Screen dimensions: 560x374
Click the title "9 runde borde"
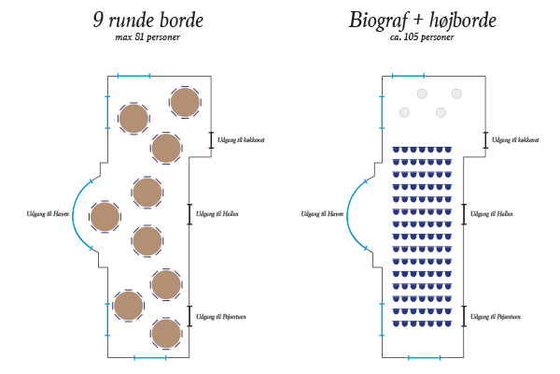click(148, 20)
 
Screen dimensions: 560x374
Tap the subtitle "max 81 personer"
click(147, 37)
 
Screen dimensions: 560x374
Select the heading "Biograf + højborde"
click(423, 20)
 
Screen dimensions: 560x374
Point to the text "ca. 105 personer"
click(422, 37)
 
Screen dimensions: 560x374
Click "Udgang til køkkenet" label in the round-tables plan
click(241, 140)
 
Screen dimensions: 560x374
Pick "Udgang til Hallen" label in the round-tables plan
click(217, 214)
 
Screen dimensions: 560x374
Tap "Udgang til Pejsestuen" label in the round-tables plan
click(221, 317)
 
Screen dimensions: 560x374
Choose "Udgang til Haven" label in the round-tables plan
click(48, 214)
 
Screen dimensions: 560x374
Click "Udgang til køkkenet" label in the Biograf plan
click(515, 140)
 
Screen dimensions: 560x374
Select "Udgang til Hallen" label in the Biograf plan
click(492, 214)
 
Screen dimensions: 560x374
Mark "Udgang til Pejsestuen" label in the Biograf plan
click(496, 317)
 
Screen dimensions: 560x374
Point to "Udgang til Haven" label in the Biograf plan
click(322, 214)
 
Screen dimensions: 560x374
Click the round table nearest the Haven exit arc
click(105, 217)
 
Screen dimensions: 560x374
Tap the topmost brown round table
click(185, 102)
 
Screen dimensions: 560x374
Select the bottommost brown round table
click(166, 334)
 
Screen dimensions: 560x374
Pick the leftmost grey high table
click(404, 112)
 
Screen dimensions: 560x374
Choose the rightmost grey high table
click(456, 93)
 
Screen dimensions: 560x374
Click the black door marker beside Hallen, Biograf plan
click(464, 214)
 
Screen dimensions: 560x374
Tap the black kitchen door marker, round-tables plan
click(211, 140)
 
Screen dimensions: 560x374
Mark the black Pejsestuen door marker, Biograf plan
click(464, 316)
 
